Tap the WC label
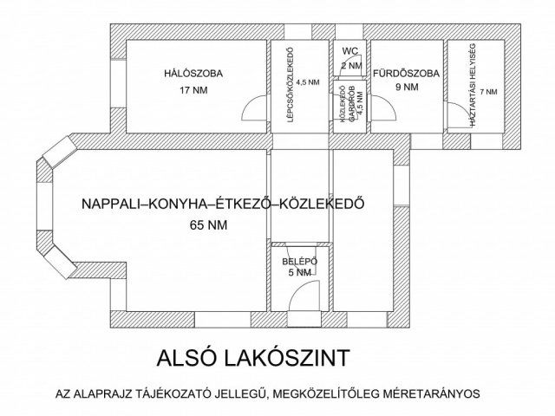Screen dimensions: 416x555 [x=351, y=52]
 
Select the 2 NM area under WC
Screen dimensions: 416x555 [x=351, y=66]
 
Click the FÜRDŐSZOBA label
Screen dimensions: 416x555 [x=406, y=73]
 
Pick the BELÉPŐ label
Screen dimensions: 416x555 [x=299, y=260]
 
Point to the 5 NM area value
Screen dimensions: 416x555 [x=299, y=272]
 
